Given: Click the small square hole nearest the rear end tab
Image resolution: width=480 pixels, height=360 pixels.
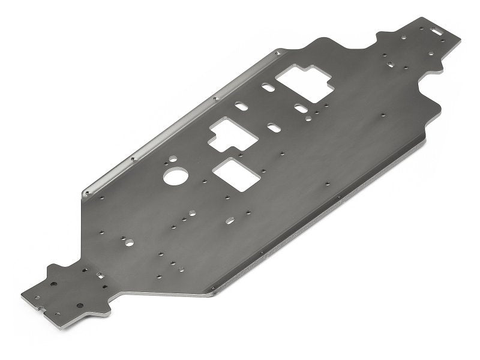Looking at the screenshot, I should coord(389,63).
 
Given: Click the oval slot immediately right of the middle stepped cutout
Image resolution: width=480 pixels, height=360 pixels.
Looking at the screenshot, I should coord(273,128).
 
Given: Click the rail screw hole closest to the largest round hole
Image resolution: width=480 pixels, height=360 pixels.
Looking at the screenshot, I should coord(133,158).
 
